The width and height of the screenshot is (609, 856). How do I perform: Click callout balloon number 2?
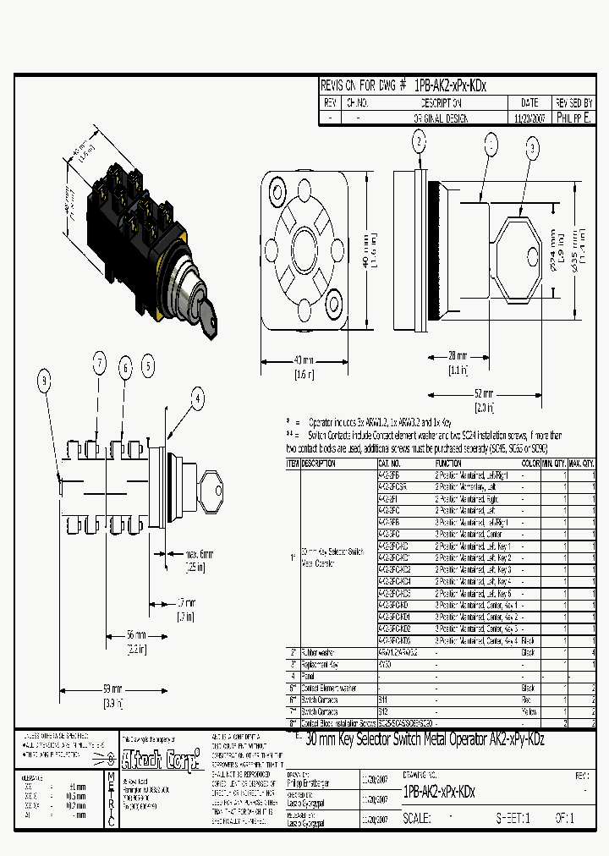pos(420,142)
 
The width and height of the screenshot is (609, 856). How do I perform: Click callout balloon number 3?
pos(532,150)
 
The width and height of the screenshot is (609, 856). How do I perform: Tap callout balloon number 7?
pos(99,365)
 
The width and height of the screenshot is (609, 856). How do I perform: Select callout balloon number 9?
pos(44,382)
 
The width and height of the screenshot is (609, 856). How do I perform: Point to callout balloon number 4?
pos(197,397)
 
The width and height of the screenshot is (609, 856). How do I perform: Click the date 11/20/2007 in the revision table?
pos(530,119)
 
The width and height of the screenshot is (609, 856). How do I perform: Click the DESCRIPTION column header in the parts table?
pos(319,464)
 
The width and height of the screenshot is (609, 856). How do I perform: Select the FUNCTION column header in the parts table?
pos(448,464)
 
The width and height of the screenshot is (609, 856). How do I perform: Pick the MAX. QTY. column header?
pos(580,464)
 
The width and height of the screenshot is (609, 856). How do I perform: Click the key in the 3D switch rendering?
pos(207,314)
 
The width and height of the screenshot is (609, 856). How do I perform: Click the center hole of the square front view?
pos(304,250)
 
